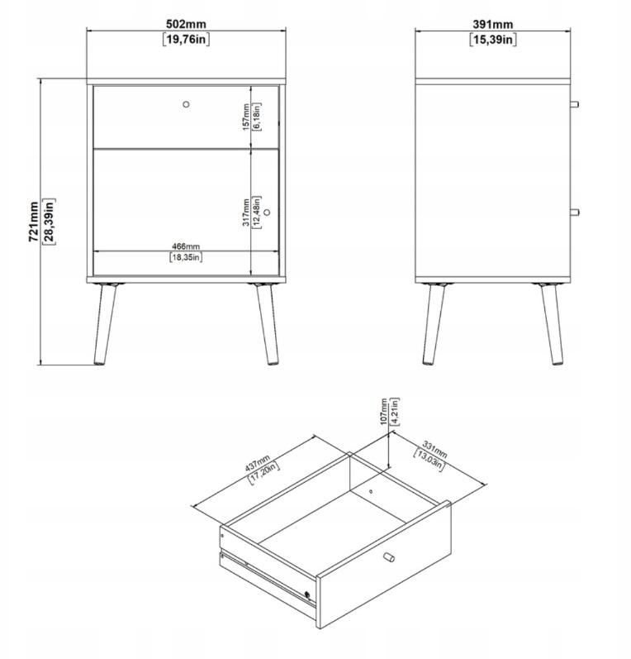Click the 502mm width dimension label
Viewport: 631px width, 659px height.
186,24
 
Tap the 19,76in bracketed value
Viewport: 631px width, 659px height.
186,40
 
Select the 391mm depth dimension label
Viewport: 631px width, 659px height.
493,24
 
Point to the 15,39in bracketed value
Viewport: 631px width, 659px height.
493,40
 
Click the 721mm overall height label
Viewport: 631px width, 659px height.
34,222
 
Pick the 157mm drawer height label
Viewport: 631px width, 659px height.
246,117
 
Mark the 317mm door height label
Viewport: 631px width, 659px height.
246,213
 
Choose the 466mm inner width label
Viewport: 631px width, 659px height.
186,246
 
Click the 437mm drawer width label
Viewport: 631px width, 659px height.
257,463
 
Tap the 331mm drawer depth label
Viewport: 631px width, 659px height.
435,449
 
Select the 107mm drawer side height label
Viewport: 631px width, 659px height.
384,412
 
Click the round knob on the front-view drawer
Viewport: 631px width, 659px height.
186,104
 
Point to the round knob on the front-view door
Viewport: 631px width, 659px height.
267,213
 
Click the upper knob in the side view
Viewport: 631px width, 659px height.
574,104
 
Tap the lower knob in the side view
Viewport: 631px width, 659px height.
574,213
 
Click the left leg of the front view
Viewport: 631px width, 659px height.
105,324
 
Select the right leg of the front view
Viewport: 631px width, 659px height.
267,324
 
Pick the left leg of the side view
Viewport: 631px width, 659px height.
433,324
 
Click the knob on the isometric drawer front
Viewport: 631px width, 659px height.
389,557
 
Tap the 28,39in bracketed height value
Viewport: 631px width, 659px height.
49,222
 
